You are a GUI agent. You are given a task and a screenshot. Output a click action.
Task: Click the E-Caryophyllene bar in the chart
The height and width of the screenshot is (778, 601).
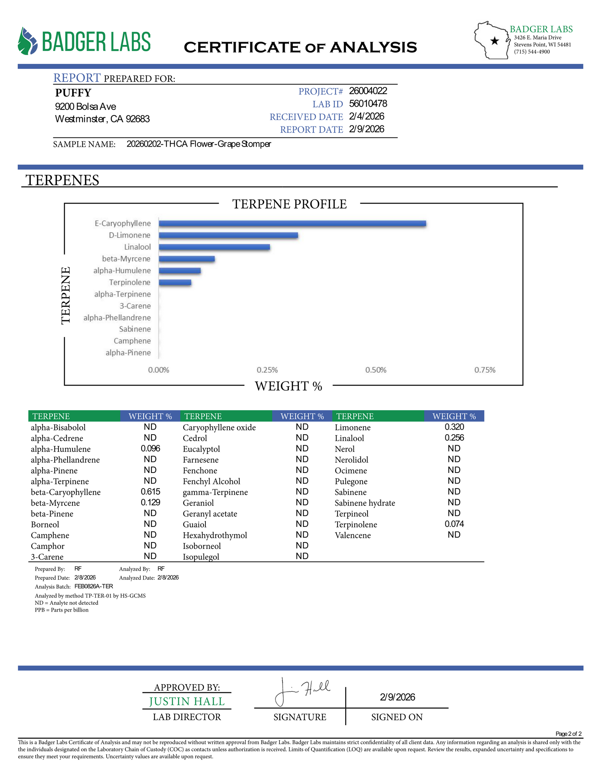[x=292, y=223]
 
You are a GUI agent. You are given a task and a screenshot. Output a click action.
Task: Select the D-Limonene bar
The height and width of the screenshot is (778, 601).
[x=228, y=235]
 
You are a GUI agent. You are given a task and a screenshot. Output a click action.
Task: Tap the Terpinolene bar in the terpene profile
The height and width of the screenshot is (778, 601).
[x=175, y=282]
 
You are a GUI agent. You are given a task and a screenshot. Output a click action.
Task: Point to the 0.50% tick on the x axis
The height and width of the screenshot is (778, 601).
[x=376, y=370]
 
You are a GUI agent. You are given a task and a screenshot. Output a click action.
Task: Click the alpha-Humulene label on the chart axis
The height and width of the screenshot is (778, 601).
[x=122, y=270]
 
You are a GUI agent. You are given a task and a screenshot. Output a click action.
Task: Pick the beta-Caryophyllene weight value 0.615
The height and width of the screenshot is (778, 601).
[x=150, y=492]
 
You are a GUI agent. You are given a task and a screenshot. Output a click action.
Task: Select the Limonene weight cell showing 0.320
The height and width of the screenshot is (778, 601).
[x=454, y=427]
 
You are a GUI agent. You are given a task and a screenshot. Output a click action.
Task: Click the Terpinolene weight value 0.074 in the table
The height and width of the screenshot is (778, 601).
[x=454, y=524]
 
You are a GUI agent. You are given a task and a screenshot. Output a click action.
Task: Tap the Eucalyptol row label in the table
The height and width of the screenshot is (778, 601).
[x=201, y=449]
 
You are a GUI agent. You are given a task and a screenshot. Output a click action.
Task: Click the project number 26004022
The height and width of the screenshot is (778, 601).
[x=368, y=91]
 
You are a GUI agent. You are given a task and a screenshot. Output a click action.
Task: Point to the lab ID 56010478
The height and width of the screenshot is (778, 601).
[x=368, y=104]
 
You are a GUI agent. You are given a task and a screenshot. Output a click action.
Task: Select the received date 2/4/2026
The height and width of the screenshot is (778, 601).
[x=366, y=116]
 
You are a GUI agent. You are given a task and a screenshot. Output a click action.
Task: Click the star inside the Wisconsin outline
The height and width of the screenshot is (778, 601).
[x=494, y=41]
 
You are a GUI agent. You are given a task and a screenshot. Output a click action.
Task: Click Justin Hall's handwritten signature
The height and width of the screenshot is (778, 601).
[x=301, y=690]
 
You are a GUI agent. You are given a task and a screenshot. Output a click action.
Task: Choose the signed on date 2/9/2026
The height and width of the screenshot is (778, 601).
[x=397, y=697]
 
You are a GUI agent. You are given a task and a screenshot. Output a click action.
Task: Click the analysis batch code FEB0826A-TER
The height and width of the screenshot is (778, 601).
[x=93, y=586]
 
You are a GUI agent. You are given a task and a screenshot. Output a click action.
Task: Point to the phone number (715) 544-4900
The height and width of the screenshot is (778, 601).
[x=532, y=52]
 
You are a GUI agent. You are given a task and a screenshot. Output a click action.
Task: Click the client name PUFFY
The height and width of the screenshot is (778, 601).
[x=73, y=93]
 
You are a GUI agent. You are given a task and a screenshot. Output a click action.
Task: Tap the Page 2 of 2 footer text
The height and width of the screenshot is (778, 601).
[x=568, y=734]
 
